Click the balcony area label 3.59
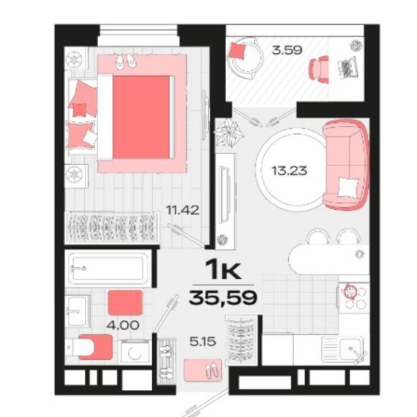pyautogui.click(x=287, y=50)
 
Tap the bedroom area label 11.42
pyautogui.click(x=182, y=210)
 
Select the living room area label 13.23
pyautogui.click(x=289, y=170)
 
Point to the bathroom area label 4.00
pyautogui.click(x=123, y=325)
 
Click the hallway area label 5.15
pyautogui.click(x=203, y=342)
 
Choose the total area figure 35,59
pyautogui.click(x=223, y=298)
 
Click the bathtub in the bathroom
pyautogui.click(x=108, y=267)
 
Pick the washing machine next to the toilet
pyautogui.click(x=135, y=352)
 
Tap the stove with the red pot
pyautogui.click(x=353, y=297)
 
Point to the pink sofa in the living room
pyautogui.click(x=346, y=164)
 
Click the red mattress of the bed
pyautogui.click(x=141, y=117)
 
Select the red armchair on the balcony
pyautogui.click(x=318, y=69)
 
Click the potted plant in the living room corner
pyautogui.click(x=228, y=132)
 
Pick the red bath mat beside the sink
pyautogui.click(x=125, y=303)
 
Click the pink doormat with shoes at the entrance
pyautogui.click(x=203, y=369)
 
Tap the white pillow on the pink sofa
pyautogui.click(x=347, y=187)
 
